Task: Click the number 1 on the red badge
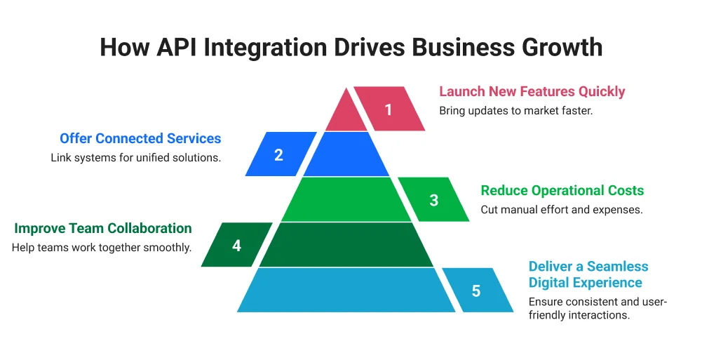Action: [x=389, y=109]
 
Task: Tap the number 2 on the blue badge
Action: [x=278, y=155]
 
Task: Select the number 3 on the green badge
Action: [x=434, y=200]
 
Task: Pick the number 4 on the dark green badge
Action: [x=236, y=246]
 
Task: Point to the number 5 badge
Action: [x=477, y=291]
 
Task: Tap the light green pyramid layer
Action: [x=346, y=200]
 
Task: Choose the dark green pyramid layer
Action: [x=346, y=245]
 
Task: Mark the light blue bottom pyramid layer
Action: [x=346, y=290]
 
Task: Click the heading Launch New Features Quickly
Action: [x=532, y=92]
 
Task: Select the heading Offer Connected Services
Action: [x=140, y=138]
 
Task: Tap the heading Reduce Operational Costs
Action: [x=562, y=191]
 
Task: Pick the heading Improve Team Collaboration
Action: [x=102, y=229]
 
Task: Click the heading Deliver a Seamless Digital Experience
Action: [x=588, y=274]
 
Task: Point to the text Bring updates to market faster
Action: [x=515, y=111]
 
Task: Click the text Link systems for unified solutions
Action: [x=135, y=157]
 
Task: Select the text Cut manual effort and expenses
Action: [x=561, y=210]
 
